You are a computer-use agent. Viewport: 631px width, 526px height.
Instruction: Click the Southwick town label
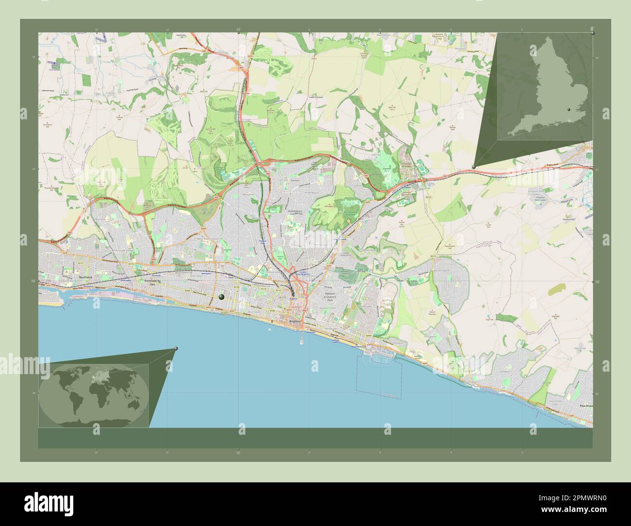click(85, 277)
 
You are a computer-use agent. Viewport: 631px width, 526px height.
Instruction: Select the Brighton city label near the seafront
click(295, 321)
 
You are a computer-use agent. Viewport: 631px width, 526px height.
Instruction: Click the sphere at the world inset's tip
click(176, 348)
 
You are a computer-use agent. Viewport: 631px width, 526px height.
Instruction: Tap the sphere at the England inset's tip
click(474, 166)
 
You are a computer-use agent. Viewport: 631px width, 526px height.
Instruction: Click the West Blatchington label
click(210, 239)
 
